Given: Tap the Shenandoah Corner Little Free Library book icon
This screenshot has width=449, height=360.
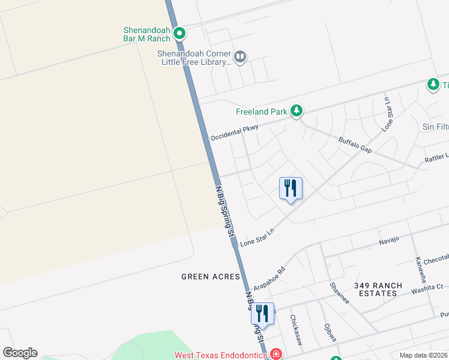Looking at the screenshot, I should point(240,57).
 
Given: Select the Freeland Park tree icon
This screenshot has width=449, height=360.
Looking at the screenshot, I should point(296,111).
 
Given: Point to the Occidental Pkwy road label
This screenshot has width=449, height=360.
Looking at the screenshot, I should point(235,133).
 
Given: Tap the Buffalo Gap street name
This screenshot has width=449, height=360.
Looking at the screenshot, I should point(355,144).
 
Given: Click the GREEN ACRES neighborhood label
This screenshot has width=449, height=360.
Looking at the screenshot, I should point(211,277).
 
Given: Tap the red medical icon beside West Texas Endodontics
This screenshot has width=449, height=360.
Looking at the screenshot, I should point(276,354).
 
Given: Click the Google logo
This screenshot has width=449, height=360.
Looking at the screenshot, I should point(20,353).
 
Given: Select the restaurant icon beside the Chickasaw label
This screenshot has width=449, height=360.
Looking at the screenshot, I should point(262,313).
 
